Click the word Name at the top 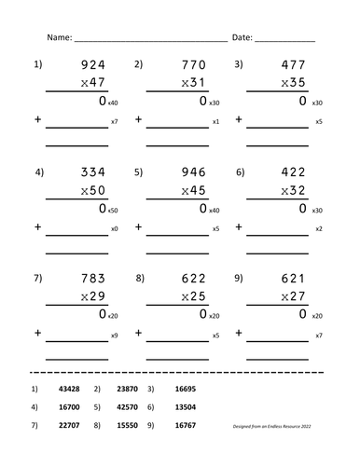pos(58,37)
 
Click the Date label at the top pos(241,37)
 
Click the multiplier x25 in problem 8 pos(191,297)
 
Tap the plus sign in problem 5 pos(138,226)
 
